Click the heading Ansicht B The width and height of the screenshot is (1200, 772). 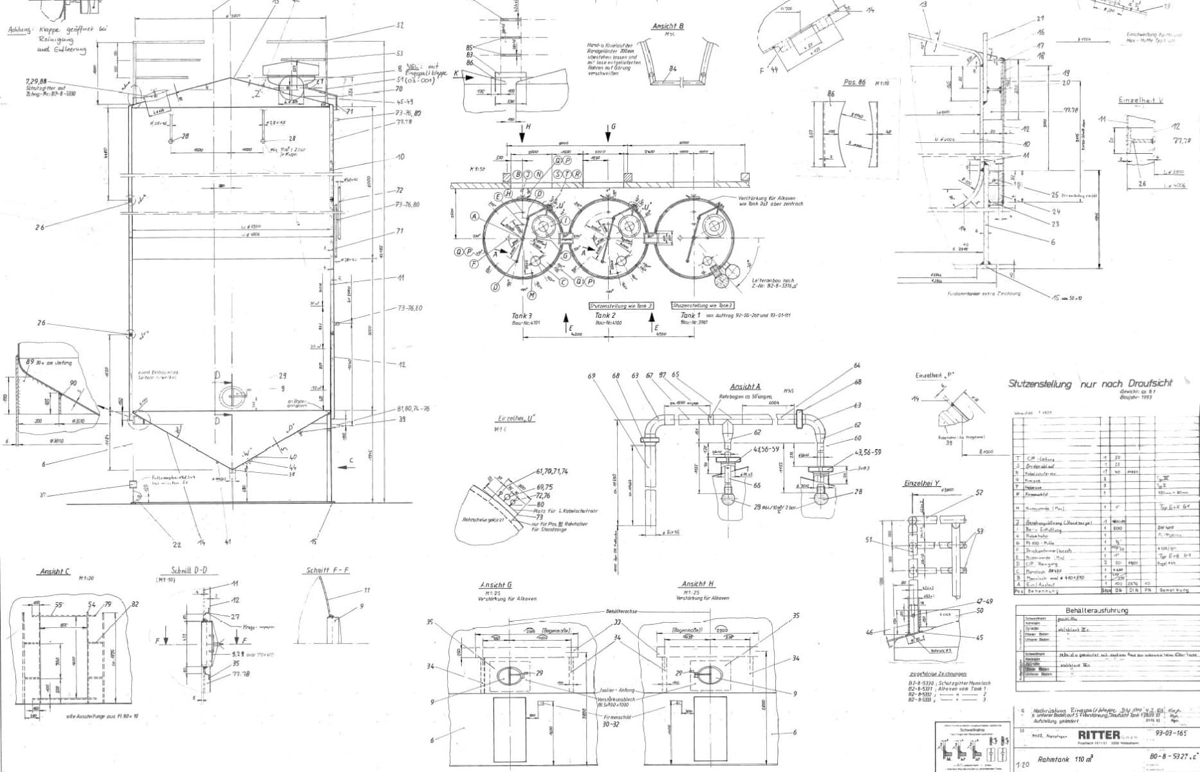pos(667,26)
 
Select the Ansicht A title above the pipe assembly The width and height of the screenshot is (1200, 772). pos(744,387)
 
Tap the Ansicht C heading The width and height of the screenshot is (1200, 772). pos(55,571)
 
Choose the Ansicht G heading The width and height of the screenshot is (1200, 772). pos(495,585)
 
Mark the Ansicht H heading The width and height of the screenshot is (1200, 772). pos(697,584)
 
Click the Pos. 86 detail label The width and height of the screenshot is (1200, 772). pos(854,83)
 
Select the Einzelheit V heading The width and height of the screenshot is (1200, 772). pos(1141,101)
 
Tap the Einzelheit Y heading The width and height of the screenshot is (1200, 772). pos(922,483)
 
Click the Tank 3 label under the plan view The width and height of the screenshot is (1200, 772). pos(522,316)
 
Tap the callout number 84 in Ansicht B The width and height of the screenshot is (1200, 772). pos(673,69)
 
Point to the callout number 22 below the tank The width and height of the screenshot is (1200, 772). pos(178,544)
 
